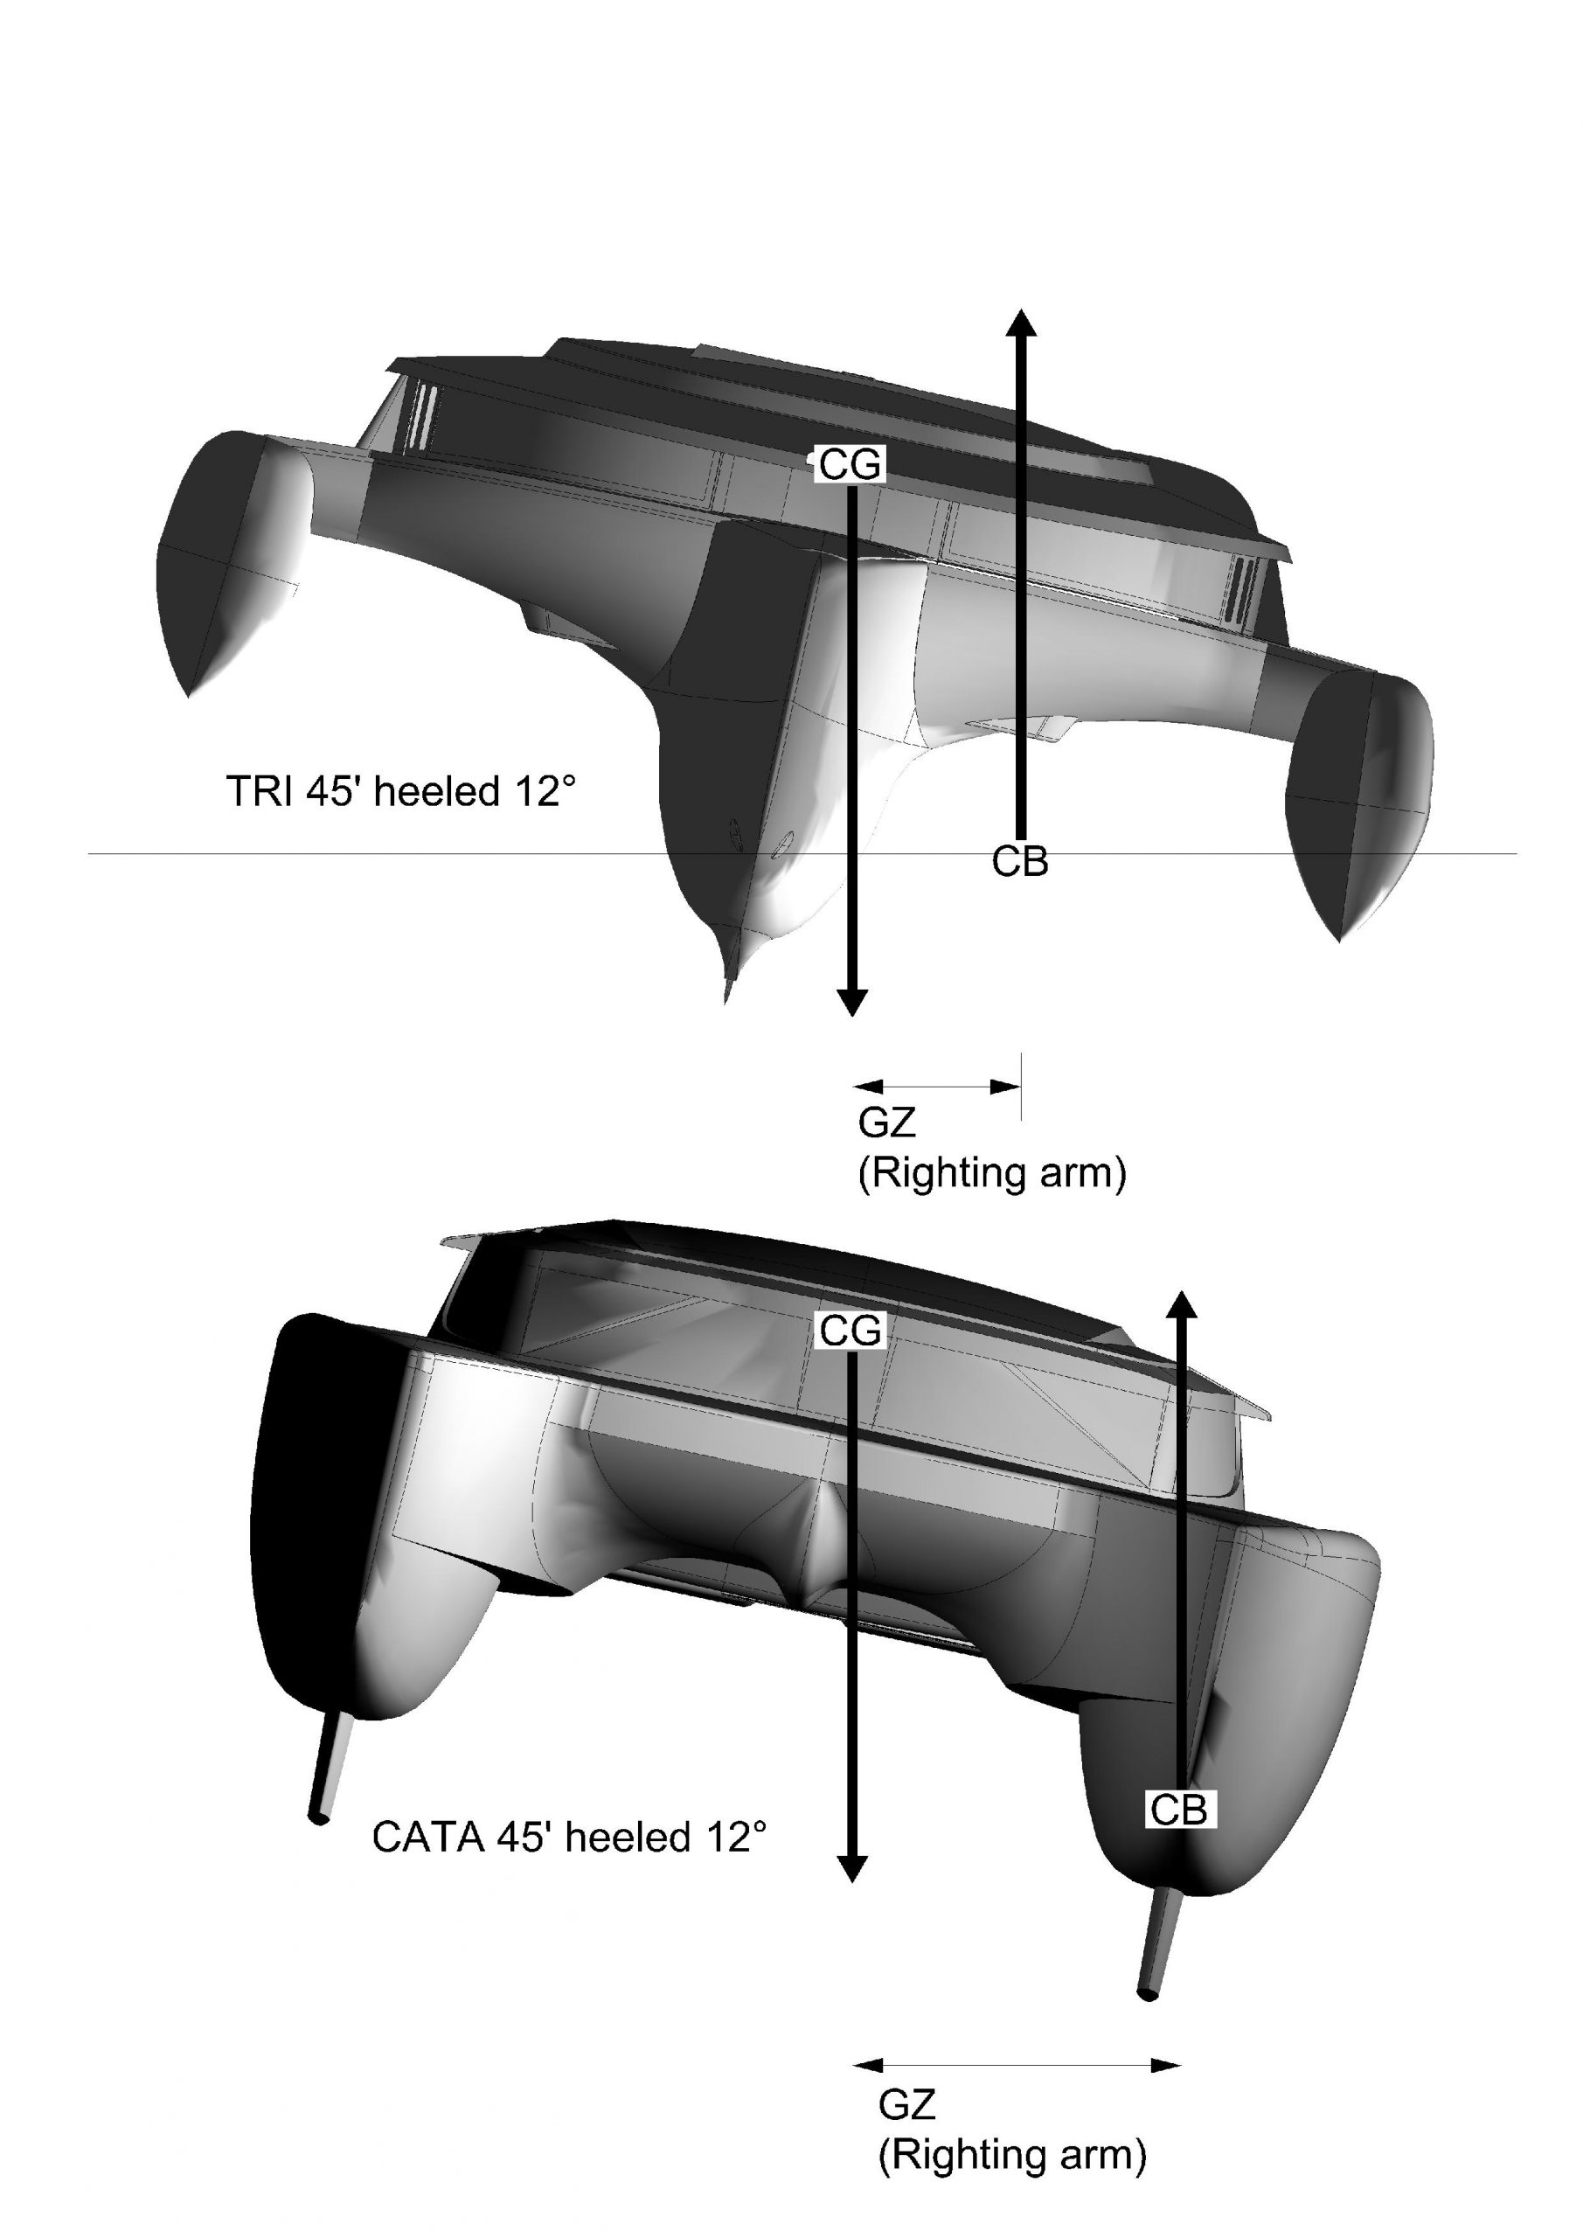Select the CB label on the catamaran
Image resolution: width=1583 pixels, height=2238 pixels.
(1179, 1811)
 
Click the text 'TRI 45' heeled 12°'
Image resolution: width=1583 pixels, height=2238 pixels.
(400, 790)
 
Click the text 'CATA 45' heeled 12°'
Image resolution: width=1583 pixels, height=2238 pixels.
(568, 1837)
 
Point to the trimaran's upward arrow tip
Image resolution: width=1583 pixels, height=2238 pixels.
(1021, 310)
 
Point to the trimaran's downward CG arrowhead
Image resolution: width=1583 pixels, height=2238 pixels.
(852, 1014)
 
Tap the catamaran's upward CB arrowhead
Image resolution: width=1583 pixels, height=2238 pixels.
(1182, 1292)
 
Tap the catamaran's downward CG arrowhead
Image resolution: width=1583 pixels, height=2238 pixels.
(853, 1880)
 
